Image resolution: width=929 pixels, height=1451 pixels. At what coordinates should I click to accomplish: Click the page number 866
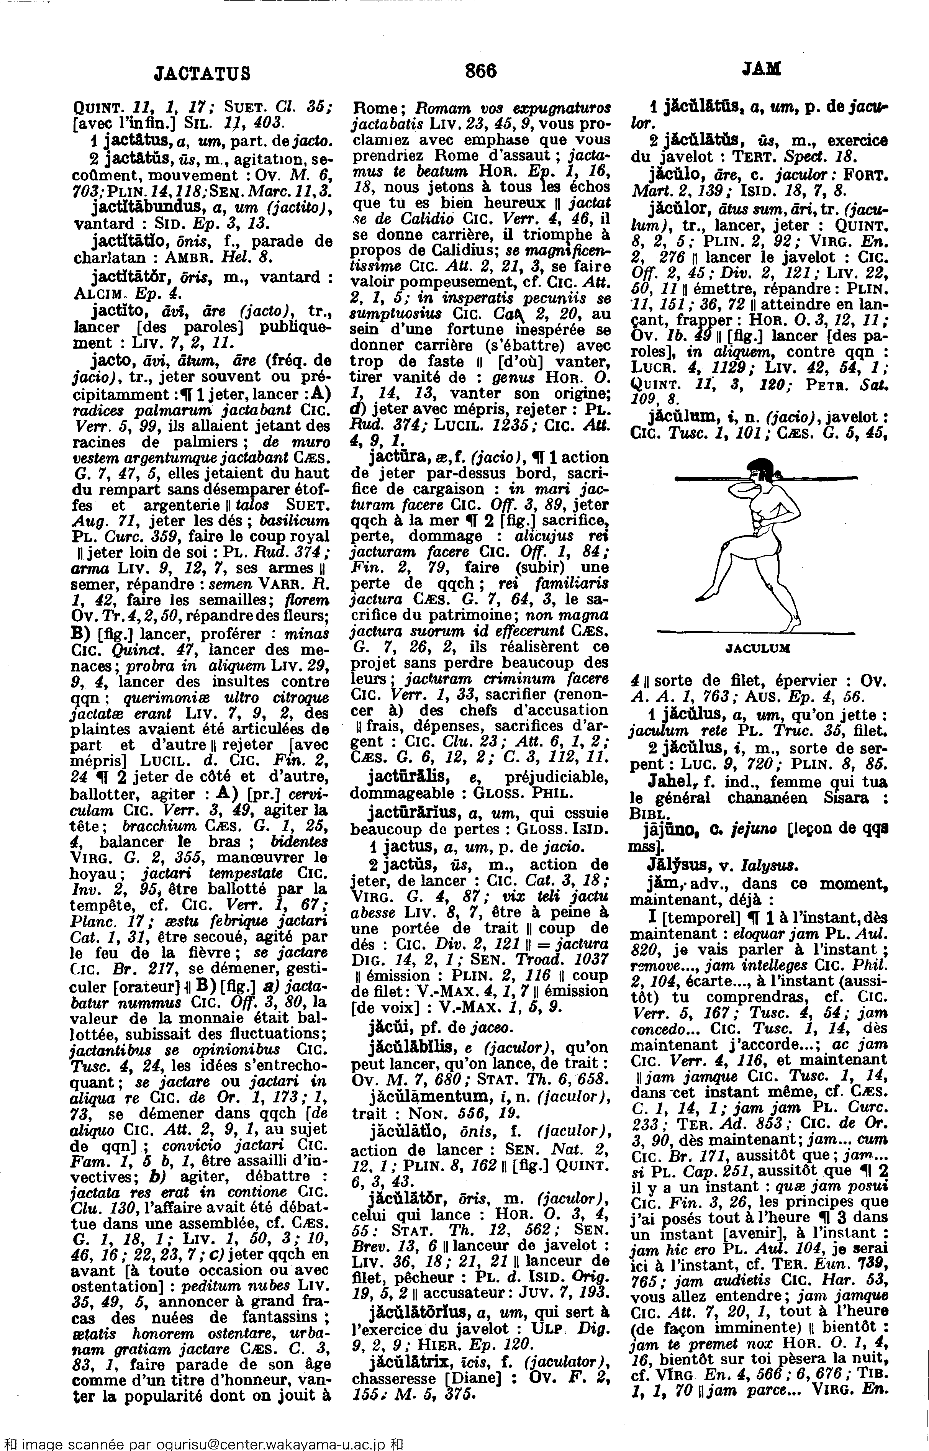[481, 72]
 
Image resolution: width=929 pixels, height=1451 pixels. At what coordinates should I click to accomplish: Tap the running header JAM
[761, 70]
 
